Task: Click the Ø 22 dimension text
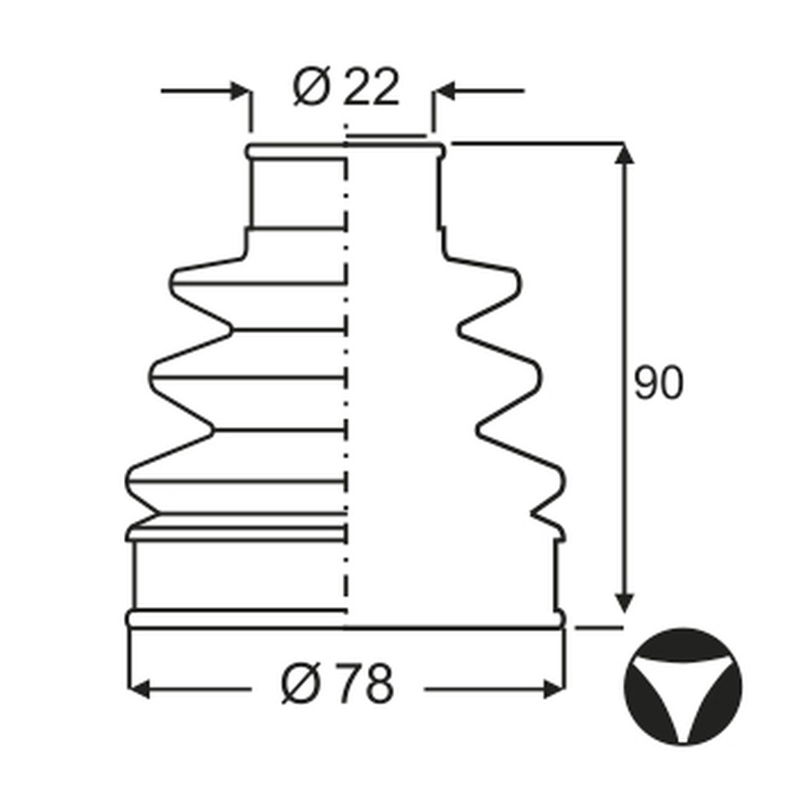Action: coord(346,86)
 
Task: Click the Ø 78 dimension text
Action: coord(337,683)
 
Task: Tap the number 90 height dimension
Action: coord(659,382)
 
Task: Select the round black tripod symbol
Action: coord(683,687)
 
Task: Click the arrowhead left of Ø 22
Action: coord(240,91)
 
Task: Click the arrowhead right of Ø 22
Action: coord(444,91)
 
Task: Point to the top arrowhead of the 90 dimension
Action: coord(624,154)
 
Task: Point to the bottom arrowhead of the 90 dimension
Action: coord(624,603)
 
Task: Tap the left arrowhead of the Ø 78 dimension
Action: coord(138,690)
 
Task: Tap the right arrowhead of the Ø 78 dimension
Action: coord(554,690)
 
